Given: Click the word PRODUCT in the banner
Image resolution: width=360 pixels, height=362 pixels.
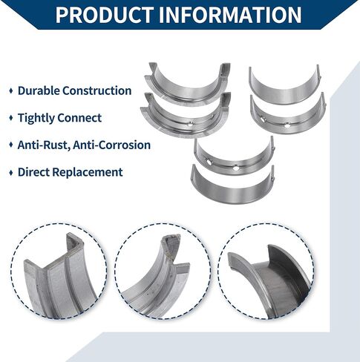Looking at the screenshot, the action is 103,15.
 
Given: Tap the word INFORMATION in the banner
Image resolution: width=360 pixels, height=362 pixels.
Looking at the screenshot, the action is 230,15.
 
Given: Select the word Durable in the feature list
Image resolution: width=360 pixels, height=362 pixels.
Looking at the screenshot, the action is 39,90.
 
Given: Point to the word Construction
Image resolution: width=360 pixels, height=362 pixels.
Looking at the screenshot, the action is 96,90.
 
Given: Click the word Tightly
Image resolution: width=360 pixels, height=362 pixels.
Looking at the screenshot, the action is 36,118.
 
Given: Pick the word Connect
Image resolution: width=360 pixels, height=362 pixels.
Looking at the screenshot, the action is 79,118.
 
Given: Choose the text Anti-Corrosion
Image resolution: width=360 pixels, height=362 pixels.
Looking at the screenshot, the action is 111,145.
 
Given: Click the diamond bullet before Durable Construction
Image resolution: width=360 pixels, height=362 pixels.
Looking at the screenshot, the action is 11,90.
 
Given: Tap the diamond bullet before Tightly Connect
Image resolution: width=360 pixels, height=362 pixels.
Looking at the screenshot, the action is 11,118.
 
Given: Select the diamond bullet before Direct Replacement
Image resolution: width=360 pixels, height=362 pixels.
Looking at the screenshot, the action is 11,172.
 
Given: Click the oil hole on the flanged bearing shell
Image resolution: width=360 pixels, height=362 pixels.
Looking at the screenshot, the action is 190,125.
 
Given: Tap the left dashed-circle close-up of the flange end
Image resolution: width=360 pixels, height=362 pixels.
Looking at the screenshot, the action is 59,271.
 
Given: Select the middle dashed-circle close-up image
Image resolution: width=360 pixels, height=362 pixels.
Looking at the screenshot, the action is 162,271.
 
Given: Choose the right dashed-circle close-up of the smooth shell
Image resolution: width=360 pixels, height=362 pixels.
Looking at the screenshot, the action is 266,271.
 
